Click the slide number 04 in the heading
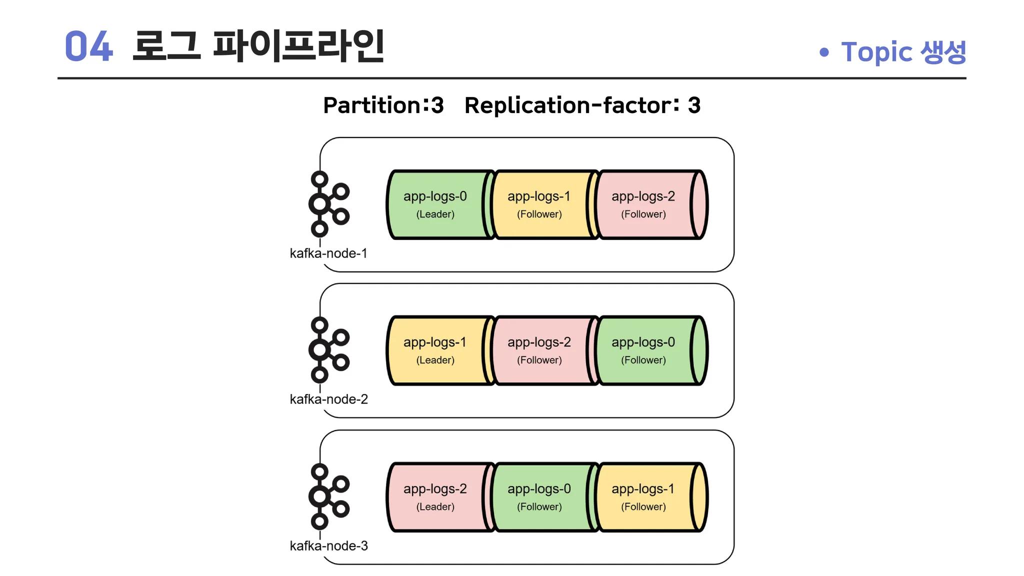88,46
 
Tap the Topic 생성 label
903,52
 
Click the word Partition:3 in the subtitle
383,105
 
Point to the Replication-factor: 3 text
582,105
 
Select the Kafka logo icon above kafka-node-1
328,203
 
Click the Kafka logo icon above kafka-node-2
328,349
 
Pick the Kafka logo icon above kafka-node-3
328,496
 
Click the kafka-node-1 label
328,253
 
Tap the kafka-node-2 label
328,399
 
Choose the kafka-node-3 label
328,546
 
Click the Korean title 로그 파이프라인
258,46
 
